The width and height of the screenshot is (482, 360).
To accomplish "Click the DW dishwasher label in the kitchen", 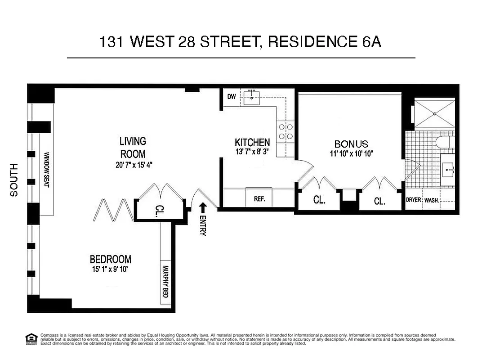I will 232,96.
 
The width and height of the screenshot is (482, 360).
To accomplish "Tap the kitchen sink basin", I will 252,97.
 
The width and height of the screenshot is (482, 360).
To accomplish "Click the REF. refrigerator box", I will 259,198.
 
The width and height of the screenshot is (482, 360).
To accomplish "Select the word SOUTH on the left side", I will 14,180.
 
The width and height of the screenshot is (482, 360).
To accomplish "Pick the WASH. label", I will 432,200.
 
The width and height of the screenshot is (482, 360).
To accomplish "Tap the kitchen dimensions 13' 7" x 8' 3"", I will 252,152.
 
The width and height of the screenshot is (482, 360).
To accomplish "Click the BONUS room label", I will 351,144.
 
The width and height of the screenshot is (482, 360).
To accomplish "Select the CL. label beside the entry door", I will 160,211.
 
